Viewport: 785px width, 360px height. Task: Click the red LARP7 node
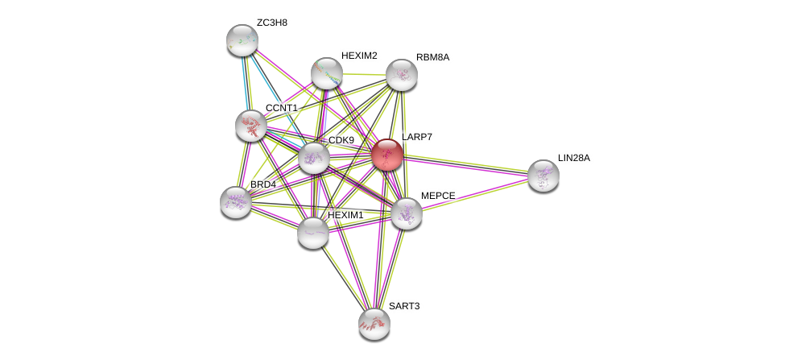[x=386, y=155]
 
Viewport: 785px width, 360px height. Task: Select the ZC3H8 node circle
[x=242, y=40]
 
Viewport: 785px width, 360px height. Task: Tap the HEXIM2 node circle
[x=327, y=73]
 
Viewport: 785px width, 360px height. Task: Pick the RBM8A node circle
[x=401, y=75]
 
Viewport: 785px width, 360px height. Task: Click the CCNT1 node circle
[x=251, y=125]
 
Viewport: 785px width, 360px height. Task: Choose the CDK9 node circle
[x=313, y=158]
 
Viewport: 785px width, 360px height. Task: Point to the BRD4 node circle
[x=236, y=201]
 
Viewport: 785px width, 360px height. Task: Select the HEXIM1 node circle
[x=312, y=232]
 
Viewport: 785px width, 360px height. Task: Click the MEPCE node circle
[x=406, y=213]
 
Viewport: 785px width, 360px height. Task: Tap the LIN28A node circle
[x=543, y=176]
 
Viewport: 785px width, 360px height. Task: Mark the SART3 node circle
[x=374, y=323]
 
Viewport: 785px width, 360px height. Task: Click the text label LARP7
[x=417, y=137]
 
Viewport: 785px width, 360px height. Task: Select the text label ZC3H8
[x=272, y=23]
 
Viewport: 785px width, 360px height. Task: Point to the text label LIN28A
[x=574, y=158]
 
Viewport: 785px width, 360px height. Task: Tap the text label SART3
[x=403, y=306]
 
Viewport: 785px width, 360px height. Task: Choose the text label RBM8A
[x=433, y=57]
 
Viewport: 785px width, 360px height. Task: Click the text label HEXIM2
[x=359, y=56]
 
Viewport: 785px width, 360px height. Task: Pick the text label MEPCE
[x=437, y=196]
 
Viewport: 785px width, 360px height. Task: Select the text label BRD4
[x=262, y=184]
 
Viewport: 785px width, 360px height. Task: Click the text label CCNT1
[x=282, y=108]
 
